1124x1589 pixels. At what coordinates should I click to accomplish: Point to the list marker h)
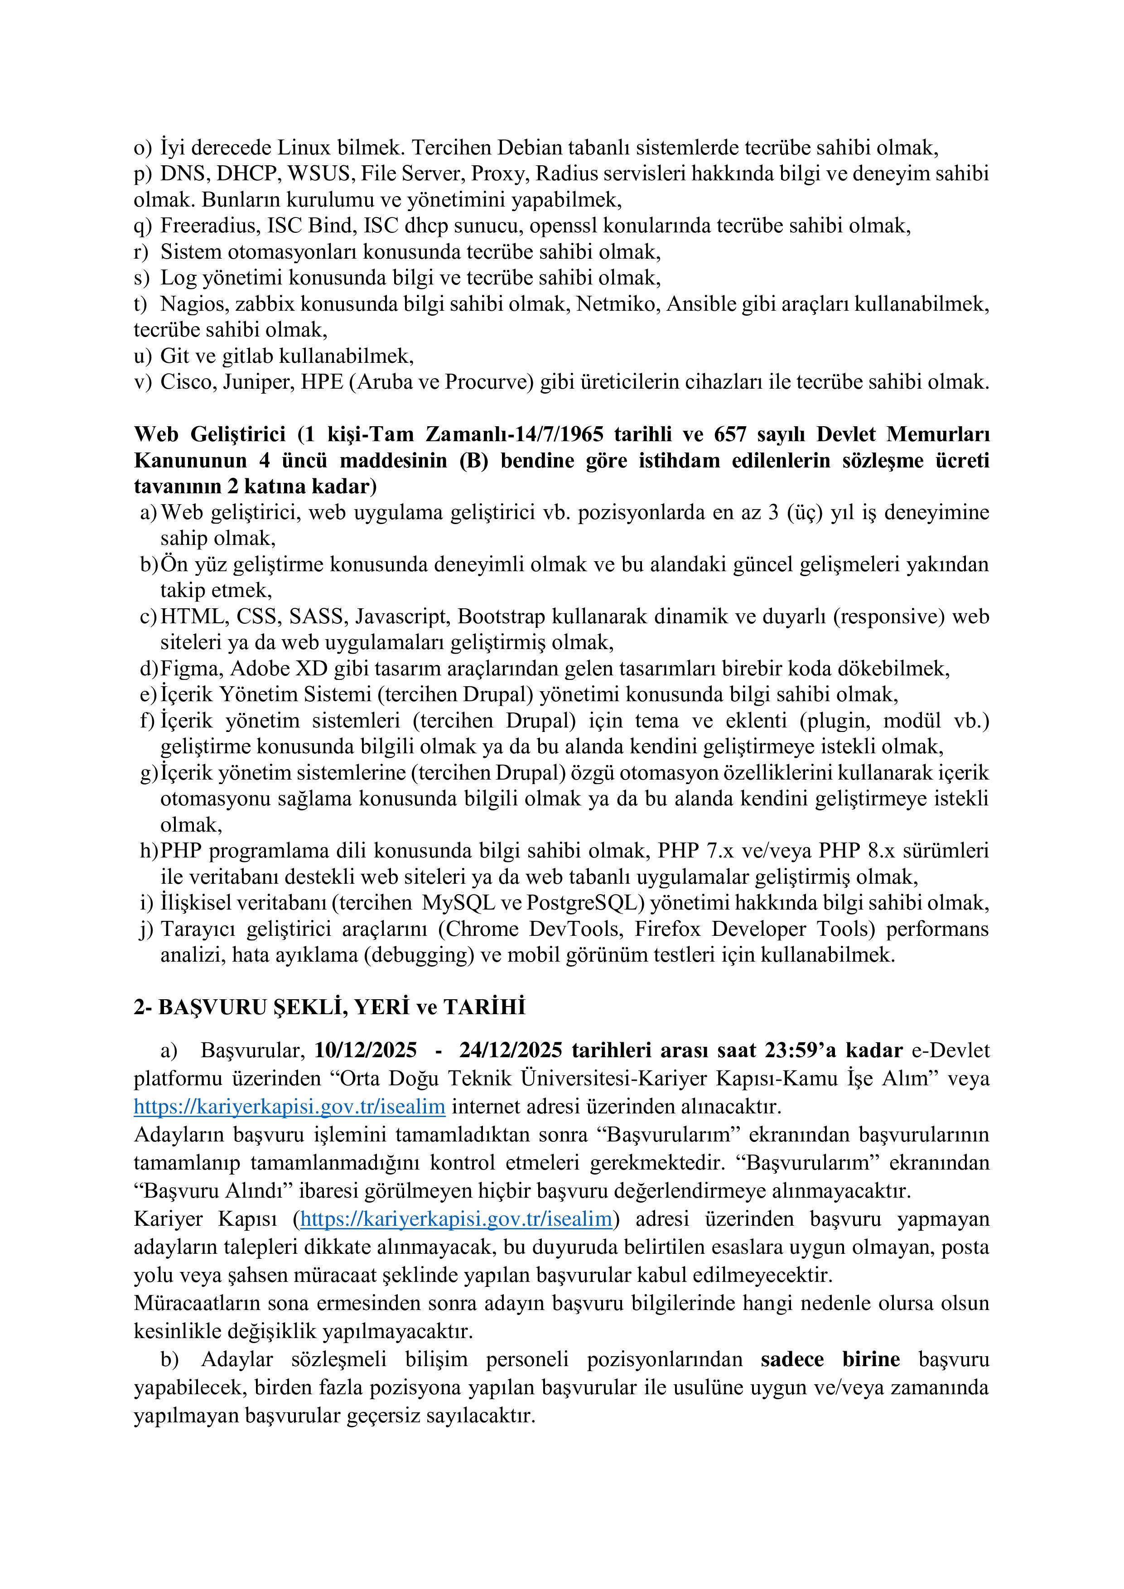pyautogui.click(x=149, y=851)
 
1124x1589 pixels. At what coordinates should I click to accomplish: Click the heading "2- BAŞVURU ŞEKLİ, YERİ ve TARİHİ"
pyautogui.click(x=329, y=1007)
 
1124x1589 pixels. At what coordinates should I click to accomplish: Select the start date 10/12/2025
pyautogui.click(x=366, y=1050)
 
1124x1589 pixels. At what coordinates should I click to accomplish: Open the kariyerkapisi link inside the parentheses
pyautogui.click(x=457, y=1219)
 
